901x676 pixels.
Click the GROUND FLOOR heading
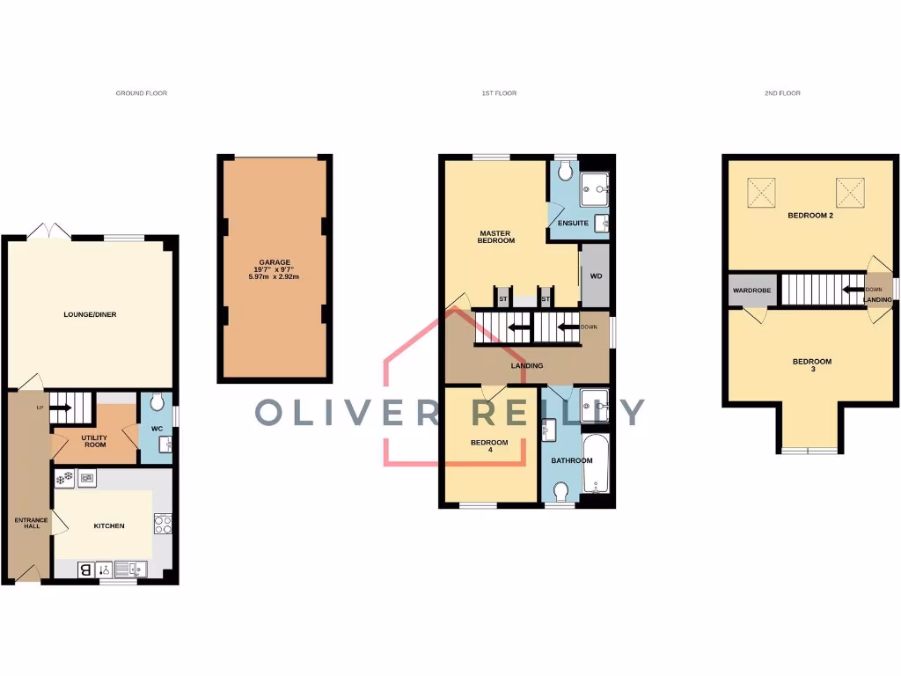coord(141,92)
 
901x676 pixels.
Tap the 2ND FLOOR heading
coord(782,92)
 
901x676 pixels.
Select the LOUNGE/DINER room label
coord(90,314)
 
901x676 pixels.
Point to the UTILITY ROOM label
coord(95,440)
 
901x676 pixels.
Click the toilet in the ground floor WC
coord(157,403)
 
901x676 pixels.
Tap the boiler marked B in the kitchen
coord(86,569)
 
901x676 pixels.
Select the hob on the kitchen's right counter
coord(163,524)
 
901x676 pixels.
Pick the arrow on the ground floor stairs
coord(61,408)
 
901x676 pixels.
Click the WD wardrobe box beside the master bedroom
coord(596,276)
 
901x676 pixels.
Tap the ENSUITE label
coord(573,223)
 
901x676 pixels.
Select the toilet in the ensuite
coord(565,169)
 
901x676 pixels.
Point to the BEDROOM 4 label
coord(488,446)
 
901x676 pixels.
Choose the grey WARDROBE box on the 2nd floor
coord(751,290)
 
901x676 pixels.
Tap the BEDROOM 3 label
coord(811,366)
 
